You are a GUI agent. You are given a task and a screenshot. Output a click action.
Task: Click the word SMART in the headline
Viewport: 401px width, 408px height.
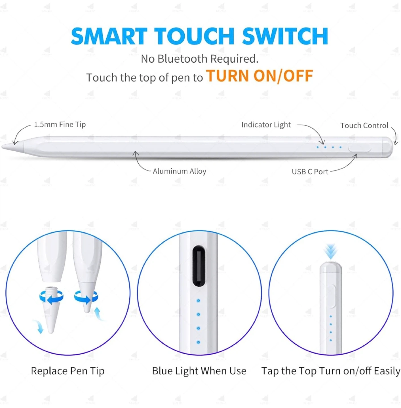coord(109,36)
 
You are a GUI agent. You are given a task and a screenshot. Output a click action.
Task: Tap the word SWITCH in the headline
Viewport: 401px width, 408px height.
coord(285,36)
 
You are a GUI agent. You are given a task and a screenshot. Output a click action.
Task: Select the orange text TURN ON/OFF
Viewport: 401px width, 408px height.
coord(259,76)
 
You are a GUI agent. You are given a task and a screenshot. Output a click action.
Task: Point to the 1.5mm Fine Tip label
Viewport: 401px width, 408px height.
coord(60,124)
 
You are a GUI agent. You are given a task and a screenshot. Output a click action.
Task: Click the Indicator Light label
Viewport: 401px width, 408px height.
coord(266,125)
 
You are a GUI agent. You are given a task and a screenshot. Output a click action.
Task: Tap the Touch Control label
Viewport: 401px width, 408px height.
coord(364,125)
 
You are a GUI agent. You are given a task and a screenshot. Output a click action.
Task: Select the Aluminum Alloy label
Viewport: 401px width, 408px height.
coord(180,171)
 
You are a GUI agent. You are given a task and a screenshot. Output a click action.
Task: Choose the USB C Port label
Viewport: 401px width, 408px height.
coord(310,171)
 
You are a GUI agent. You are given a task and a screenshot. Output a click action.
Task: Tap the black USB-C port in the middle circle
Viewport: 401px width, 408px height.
coord(199,266)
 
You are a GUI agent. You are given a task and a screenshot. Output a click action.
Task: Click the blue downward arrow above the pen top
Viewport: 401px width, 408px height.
coord(331,251)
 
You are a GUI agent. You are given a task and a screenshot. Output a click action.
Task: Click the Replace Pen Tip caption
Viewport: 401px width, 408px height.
coord(67,371)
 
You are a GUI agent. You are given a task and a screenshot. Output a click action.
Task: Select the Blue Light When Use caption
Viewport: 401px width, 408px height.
coord(199,371)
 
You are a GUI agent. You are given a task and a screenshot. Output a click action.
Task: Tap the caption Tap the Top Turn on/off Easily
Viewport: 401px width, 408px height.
coord(331,371)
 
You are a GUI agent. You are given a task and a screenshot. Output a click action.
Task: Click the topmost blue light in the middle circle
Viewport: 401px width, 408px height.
coord(199,301)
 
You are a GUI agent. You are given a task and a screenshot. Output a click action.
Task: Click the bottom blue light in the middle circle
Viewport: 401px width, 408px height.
coord(199,342)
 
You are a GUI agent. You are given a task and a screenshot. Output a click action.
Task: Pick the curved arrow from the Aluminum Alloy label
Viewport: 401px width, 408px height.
coord(140,163)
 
